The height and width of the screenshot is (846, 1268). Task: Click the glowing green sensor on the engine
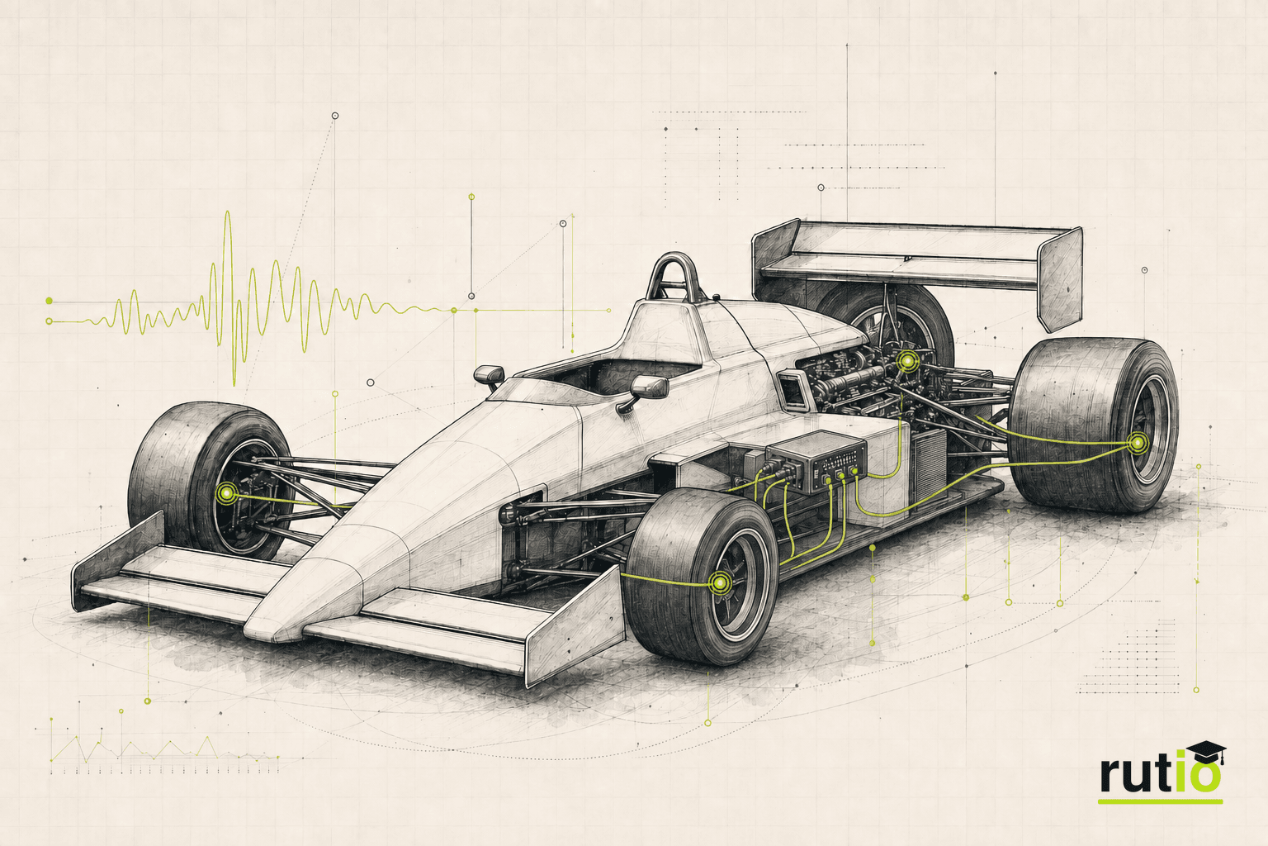pos(907,360)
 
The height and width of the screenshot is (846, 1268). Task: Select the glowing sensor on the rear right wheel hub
pos(1138,443)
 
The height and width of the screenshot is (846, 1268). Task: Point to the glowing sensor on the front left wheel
pos(227,493)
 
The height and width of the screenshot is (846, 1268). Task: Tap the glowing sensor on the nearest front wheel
pos(720,582)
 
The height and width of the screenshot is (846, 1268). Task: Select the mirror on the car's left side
pos(489,376)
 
